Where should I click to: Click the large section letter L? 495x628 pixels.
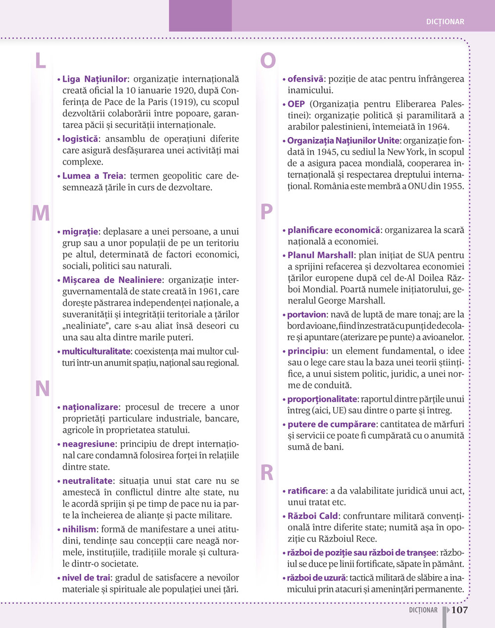pyautogui.click(x=41, y=60)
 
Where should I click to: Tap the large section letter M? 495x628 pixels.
pyautogui.click(x=41, y=213)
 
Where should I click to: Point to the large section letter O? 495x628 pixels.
pyautogui.click(x=268, y=60)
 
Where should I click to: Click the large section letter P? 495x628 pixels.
pyautogui.click(x=266, y=212)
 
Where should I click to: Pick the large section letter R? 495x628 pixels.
pyautogui.click(x=267, y=473)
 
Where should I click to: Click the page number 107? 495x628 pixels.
pyautogui.click(x=459, y=610)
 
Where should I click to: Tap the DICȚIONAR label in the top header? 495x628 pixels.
pyautogui.click(x=445, y=22)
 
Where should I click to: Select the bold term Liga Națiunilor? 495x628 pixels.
pyautogui.click(x=95, y=79)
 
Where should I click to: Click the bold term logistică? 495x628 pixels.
pyautogui.click(x=80, y=139)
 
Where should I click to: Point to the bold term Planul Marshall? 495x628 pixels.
pyautogui.click(x=320, y=255)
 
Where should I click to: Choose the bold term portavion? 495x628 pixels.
pyautogui.click(x=306, y=314)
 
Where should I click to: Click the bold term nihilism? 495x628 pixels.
pyautogui.click(x=79, y=529)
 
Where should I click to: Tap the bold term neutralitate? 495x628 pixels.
pyautogui.click(x=87, y=480)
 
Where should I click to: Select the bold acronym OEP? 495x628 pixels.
pyautogui.click(x=296, y=104)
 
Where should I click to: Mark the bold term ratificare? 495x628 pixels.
pyautogui.click(x=306, y=491)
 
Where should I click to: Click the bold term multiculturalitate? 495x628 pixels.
pyautogui.click(x=96, y=352)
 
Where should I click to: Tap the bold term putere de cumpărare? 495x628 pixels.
pyautogui.click(x=331, y=424)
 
